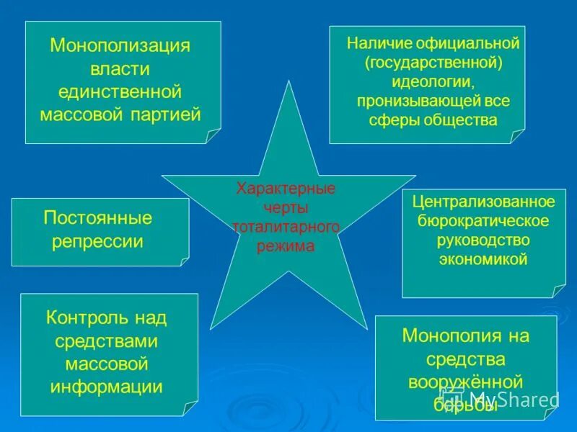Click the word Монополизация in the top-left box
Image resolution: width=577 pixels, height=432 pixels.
coord(120,46)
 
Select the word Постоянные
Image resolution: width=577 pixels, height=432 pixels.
coord(98,218)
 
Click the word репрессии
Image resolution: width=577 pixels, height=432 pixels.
coord(98,241)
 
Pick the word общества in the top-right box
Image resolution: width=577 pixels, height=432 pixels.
coord(464,120)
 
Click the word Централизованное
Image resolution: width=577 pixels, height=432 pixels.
coord(483,201)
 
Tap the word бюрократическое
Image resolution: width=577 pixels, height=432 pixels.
coord(483,220)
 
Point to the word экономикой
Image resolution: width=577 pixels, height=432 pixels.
coord(483,259)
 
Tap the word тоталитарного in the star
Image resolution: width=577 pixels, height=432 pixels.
coord(286,228)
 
